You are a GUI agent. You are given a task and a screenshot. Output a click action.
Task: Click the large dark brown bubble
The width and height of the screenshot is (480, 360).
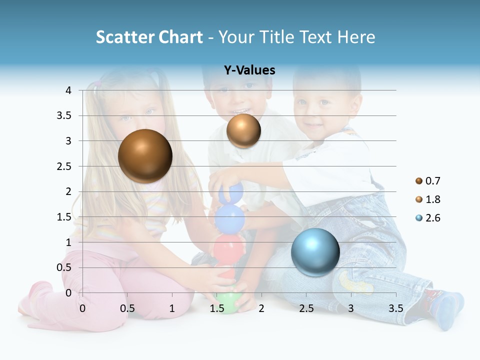(x=145, y=156)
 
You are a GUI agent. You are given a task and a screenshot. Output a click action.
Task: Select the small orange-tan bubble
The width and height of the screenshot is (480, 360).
(x=243, y=130)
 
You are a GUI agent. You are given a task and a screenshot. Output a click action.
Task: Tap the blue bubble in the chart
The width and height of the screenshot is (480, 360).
(x=315, y=252)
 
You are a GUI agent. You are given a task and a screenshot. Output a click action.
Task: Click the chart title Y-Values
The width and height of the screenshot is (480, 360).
(x=249, y=70)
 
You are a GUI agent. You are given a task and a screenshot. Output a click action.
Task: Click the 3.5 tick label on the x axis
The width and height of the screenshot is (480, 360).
(x=395, y=308)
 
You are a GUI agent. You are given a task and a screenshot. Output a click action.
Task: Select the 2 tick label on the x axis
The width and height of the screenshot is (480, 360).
(x=261, y=308)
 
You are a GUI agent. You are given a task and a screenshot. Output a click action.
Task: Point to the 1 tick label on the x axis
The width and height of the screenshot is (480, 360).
(x=172, y=308)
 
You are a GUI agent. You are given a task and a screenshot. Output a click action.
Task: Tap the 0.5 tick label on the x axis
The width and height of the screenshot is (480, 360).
(x=127, y=308)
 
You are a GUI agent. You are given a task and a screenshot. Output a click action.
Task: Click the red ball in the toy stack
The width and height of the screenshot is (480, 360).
(x=228, y=247)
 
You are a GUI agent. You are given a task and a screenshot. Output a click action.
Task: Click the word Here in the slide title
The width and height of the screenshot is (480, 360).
(x=356, y=37)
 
